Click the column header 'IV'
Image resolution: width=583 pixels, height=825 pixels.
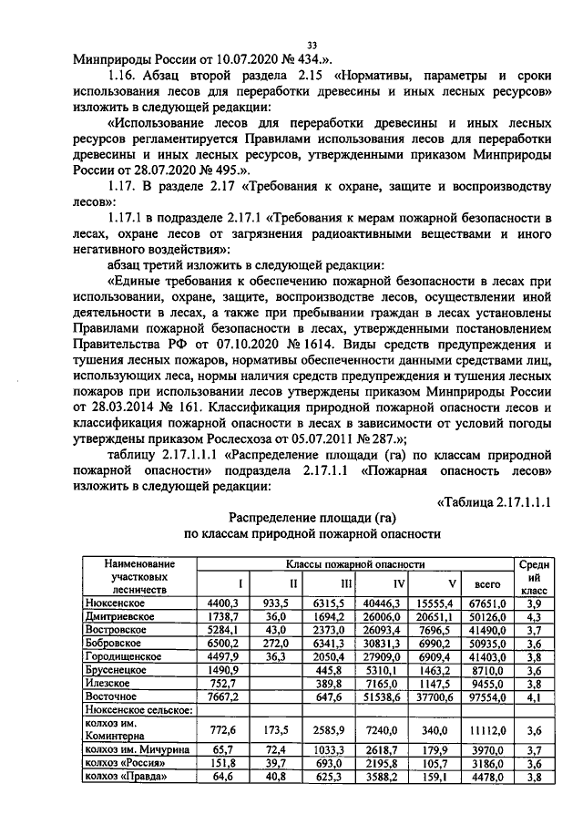[x=398, y=583]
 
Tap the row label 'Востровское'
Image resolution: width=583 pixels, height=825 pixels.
[x=116, y=630]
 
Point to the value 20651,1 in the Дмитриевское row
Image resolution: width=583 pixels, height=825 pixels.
[x=439, y=617]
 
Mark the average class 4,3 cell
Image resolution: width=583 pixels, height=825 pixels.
[x=535, y=617]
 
